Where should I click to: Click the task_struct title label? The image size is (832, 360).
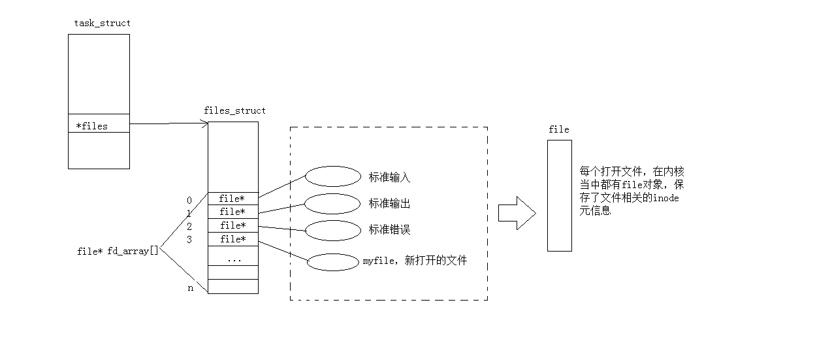pyautogui.click(x=102, y=23)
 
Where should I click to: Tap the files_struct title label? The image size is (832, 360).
pyautogui.click(x=234, y=110)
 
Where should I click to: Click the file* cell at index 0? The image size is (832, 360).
pyautogui.click(x=232, y=198)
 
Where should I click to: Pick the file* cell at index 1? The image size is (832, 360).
pyautogui.click(x=232, y=212)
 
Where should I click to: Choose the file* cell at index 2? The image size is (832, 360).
pyautogui.click(x=232, y=225)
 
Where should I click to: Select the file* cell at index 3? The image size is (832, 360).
pyautogui.click(x=232, y=239)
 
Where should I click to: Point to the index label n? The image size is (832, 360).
pyautogui.click(x=191, y=287)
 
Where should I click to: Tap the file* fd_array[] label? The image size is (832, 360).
pyautogui.click(x=118, y=251)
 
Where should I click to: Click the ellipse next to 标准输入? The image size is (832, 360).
pyautogui.click(x=332, y=176)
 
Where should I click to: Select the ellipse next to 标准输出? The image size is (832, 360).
pyautogui.click(x=332, y=203)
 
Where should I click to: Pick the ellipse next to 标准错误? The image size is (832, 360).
pyautogui.click(x=332, y=230)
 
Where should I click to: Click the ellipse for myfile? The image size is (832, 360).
pyautogui.click(x=332, y=261)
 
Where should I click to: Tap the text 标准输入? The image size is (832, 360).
pyautogui.click(x=390, y=177)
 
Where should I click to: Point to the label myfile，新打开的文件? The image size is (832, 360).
pyautogui.click(x=415, y=261)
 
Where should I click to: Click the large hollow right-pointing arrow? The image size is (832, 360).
pyautogui.click(x=517, y=213)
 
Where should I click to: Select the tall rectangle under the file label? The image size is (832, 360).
pyautogui.click(x=559, y=195)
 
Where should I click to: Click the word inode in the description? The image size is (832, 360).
pyautogui.click(x=665, y=198)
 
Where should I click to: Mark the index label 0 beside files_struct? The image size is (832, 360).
pyautogui.click(x=189, y=200)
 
